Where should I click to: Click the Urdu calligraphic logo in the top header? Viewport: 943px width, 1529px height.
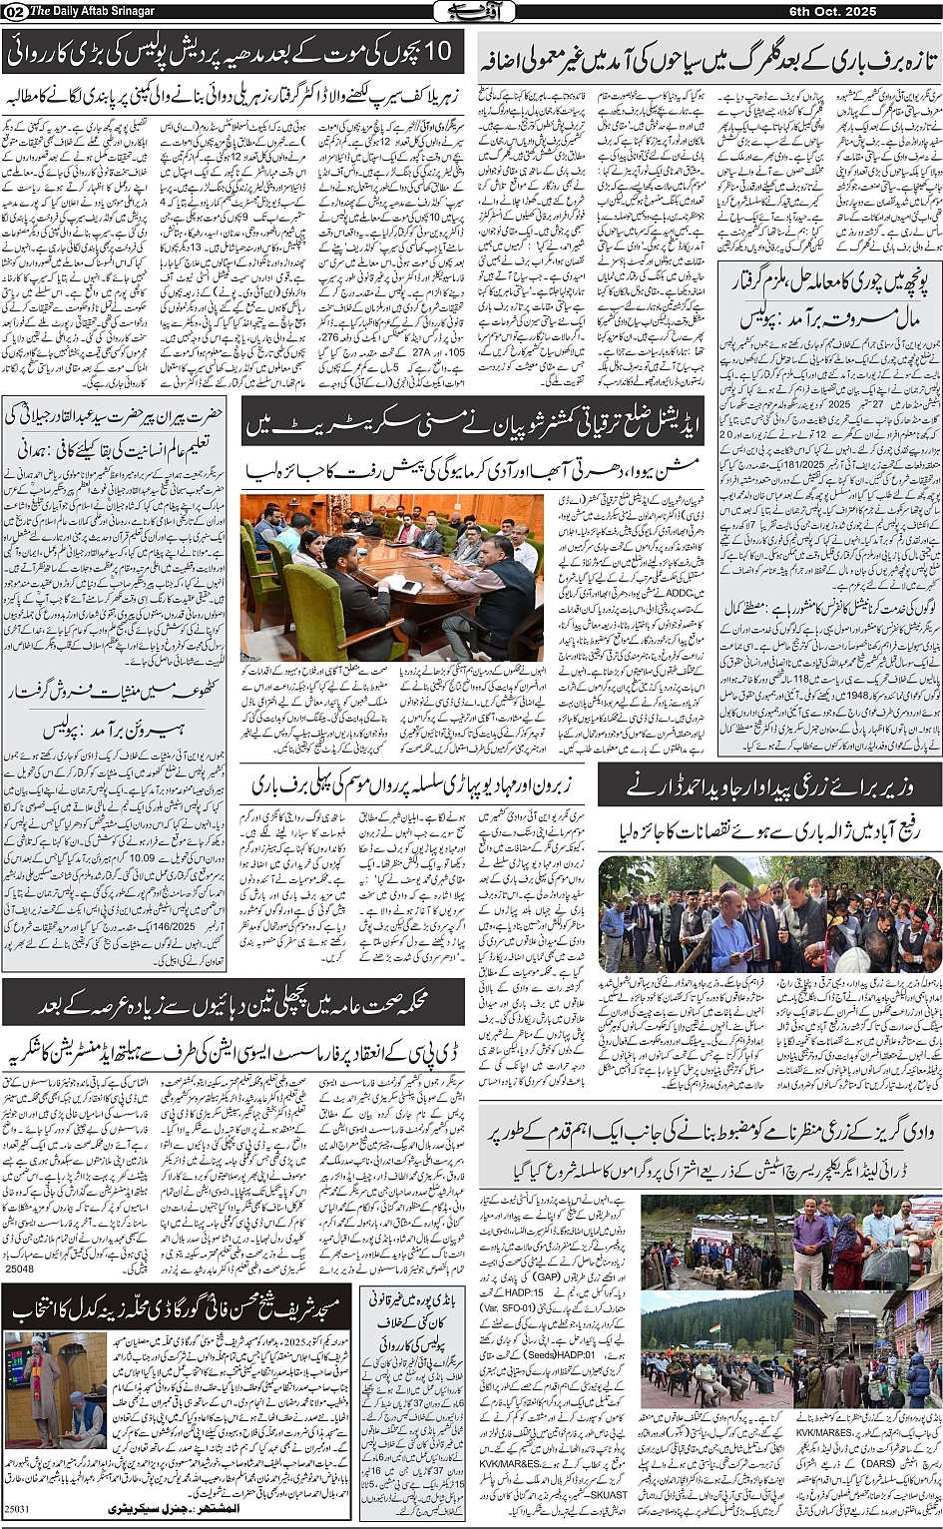(472, 11)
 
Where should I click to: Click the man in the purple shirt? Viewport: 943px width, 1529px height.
(810, 1242)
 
